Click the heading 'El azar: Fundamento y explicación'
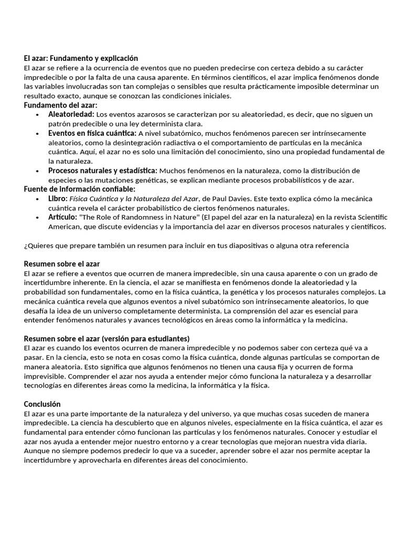[81, 58]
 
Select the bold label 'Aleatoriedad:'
[71, 114]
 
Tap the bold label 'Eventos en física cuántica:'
[92, 133]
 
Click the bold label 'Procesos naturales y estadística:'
[102, 170]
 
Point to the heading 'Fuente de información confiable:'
[80, 189]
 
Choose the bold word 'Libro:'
[58, 199]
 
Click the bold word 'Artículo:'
[62, 217]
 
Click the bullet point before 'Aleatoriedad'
[37, 114]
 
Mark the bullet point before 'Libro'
[37, 199]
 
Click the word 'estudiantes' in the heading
[165, 338]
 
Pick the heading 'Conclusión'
[43, 404]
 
